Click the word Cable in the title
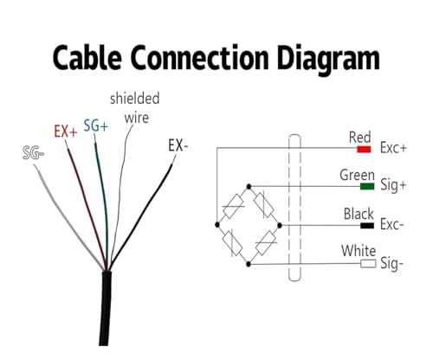(87, 57)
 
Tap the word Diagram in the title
(328, 60)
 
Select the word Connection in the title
(199, 57)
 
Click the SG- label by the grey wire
(34, 153)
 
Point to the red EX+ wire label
(66, 132)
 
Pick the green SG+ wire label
(96, 125)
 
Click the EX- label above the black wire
(178, 145)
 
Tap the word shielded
(135, 99)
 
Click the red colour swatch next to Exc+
(364, 149)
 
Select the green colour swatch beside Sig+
(367, 186)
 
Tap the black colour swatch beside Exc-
(367, 225)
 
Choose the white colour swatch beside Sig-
(368, 264)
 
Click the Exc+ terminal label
(393, 148)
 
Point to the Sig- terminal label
(391, 264)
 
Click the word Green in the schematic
(357, 175)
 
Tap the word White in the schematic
(359, 251)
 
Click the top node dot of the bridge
(249, 186)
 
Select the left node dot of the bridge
(217, 225)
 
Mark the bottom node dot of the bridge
(249, 264)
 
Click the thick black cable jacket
(106, 308)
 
